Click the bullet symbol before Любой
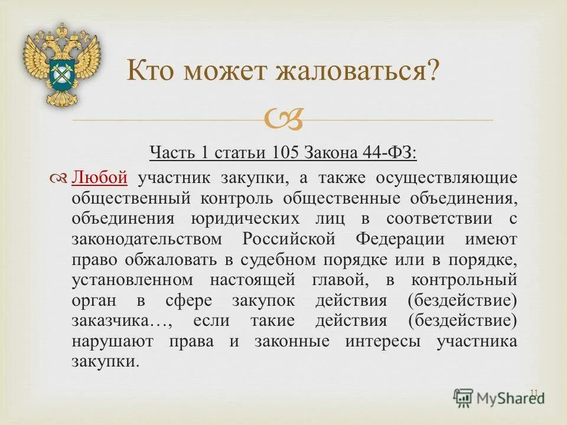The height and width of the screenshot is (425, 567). [x=61, y=177]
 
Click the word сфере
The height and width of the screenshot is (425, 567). [x=175, y=301]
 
